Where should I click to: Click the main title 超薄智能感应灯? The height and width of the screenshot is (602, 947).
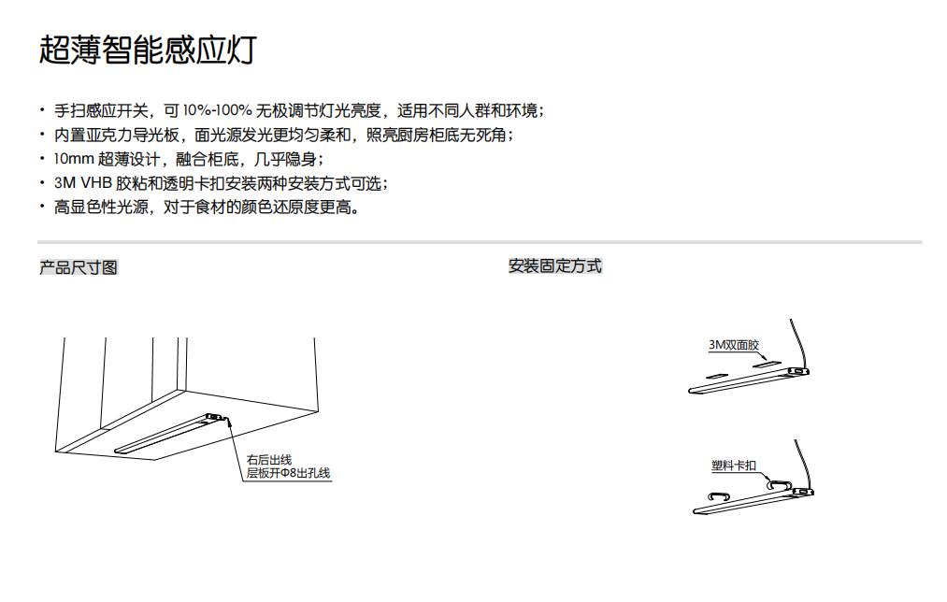tap(147, 50)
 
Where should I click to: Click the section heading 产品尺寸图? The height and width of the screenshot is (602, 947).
tap(79, 267)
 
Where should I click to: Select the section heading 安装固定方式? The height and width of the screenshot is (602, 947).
tap(555, 266)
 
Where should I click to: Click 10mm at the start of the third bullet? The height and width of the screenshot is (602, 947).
tap(74, 159)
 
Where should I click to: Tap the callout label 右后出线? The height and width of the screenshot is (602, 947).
tap(268, 460)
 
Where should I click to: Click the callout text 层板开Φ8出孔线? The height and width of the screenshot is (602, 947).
tap(288, 474)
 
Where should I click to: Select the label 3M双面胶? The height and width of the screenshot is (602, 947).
tap(733, 345)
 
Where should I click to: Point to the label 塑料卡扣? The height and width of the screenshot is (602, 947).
tap(734, 466)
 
